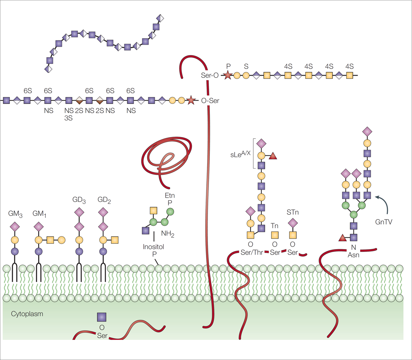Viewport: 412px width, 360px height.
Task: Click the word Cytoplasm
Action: click(x=27, y=314)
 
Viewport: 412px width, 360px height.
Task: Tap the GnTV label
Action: click(x=384, y=222)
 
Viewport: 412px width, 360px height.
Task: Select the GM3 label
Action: click(x=15, y=214)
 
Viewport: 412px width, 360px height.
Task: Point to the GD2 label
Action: click(x=104, y=200)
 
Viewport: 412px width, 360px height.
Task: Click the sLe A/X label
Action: click(x=240, y=154)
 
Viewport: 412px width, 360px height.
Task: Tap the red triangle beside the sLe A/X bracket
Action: click(x=273, y=156)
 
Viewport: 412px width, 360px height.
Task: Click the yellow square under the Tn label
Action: click(x=275, y=235)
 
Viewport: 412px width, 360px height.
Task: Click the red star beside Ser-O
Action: click(x=227, y=76)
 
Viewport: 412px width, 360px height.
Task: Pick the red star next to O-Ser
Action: click(x=191, y=100)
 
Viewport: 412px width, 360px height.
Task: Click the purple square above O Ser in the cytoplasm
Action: click(x=102, y=317)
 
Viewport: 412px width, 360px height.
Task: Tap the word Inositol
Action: click(x=153, y=247)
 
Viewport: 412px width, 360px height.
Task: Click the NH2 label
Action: click(x=168, y=234)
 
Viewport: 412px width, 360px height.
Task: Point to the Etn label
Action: click(x=170, y=195)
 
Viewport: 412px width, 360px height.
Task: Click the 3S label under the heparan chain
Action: click(x=68, y=118)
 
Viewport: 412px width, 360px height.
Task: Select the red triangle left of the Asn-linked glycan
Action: click(x=342, y=238)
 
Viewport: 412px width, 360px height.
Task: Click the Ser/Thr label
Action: click(x=252, y=252)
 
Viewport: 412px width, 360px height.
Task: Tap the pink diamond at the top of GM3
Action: click(x=15, y=227)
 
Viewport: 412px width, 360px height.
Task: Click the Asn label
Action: click(x=353, y=255)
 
